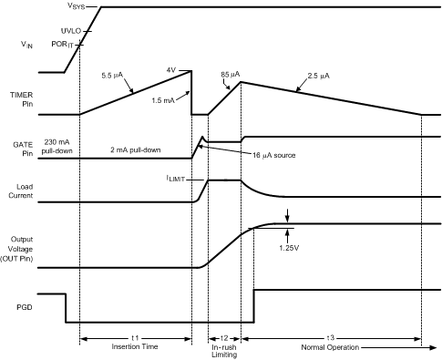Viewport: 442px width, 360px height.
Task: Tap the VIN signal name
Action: [31, 42]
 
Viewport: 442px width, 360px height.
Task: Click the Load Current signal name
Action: [30, 192]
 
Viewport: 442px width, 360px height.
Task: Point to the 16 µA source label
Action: [276, 154]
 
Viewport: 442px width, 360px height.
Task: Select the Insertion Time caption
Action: [136, 347]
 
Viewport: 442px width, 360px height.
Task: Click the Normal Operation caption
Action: [329, 347]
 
